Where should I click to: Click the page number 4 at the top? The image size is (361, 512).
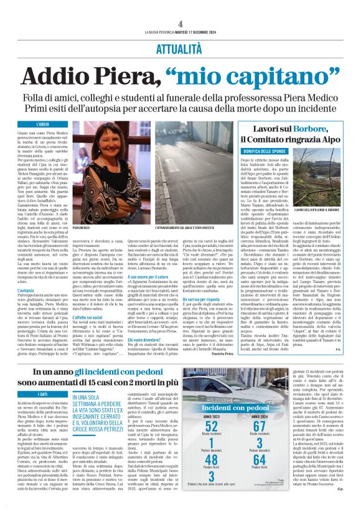[x=180, y=7]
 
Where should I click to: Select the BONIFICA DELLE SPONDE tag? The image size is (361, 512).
[x=247, y=151]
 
